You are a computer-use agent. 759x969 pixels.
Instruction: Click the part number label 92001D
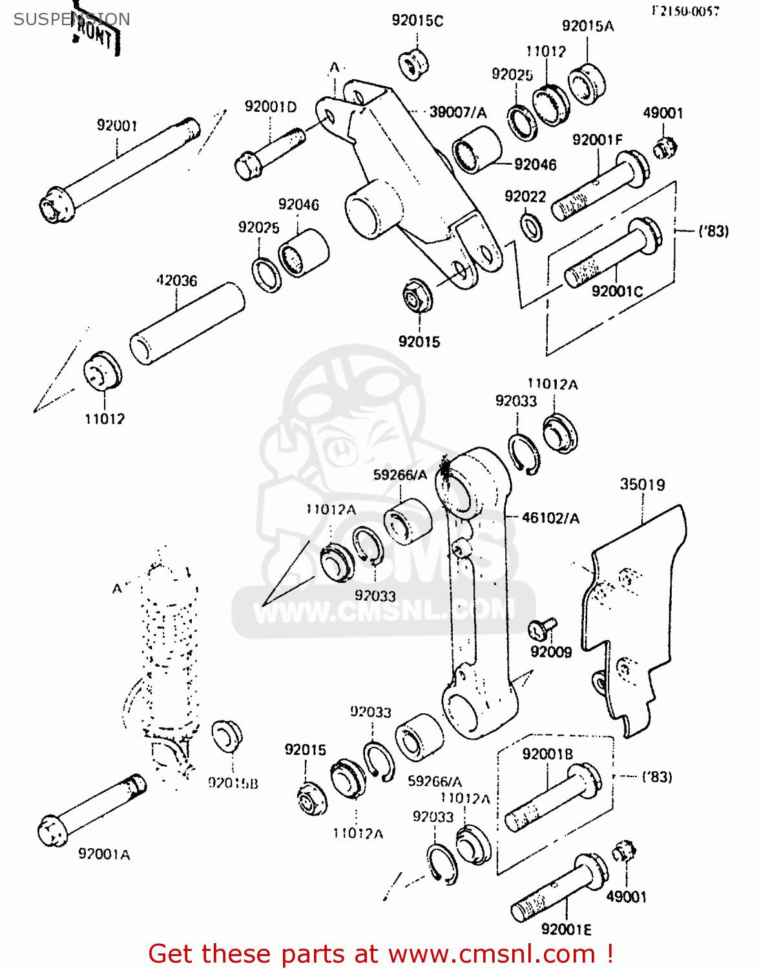(271, 107)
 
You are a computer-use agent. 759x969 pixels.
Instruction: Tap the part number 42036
(176, 280)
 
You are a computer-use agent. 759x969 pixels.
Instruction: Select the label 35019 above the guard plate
(642, 484)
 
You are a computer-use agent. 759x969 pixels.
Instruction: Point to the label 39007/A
(458, 112)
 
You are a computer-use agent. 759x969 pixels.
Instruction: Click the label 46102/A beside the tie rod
(550, 518)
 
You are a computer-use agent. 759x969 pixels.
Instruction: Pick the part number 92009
(551, 652)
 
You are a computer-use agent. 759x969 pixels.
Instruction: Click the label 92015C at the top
(417, 21)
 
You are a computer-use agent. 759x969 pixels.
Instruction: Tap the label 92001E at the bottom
(566, 929)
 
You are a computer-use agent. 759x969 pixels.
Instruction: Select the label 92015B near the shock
(233, 783)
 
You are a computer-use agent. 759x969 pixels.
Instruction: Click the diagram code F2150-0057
(685, 11)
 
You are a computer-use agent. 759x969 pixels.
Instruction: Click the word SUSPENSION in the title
(72, 19)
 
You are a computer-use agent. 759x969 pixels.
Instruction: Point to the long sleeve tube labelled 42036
(187, 323)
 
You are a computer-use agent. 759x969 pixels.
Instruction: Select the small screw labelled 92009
(543, 627)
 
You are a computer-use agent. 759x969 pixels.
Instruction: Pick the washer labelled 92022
(532, 227)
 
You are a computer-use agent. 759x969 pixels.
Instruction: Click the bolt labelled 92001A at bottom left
(90, 807)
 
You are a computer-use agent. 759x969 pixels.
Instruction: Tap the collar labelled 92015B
(227, 735)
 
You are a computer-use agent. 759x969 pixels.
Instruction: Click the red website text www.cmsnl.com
(491, 953)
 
